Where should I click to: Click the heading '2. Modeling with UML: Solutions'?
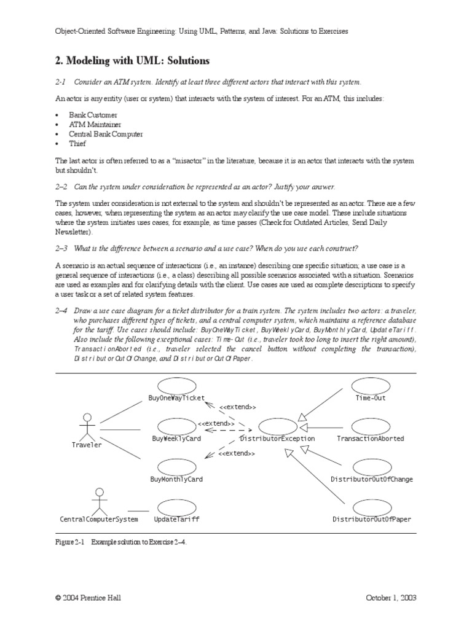click(132, 61)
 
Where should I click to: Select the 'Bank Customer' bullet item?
click(95, 115)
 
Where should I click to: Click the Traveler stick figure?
click(87, 428)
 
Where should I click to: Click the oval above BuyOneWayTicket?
click(177, 386)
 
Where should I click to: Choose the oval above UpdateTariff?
click(177, 507)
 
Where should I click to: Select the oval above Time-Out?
click(371, 386)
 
